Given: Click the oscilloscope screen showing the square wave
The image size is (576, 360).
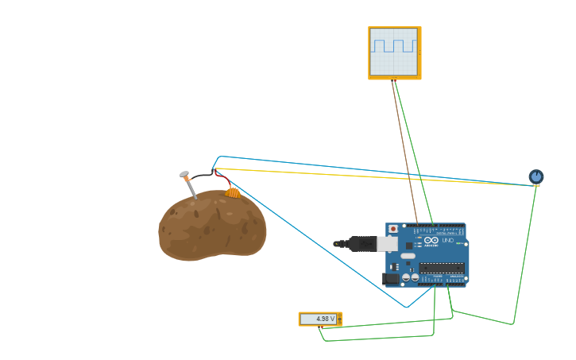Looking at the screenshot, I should [394, 52].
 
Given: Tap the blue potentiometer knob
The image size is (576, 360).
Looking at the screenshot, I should [536, 176].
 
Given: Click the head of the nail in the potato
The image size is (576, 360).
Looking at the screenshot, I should [184, 174].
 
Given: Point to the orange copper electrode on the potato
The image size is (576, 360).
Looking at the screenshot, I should [233, 192].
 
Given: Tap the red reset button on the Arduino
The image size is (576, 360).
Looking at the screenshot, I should [393, 229].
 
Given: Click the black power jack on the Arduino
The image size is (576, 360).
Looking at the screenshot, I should [391, 278].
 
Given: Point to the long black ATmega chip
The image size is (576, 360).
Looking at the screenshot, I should [442, 268].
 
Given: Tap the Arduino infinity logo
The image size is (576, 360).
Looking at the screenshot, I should [430, 240].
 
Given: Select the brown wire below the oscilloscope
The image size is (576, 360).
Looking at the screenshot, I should [404, 151].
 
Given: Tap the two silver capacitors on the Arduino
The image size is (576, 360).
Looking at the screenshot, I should [411, 278].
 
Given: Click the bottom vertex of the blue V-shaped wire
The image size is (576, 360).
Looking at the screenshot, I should [406, 308].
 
